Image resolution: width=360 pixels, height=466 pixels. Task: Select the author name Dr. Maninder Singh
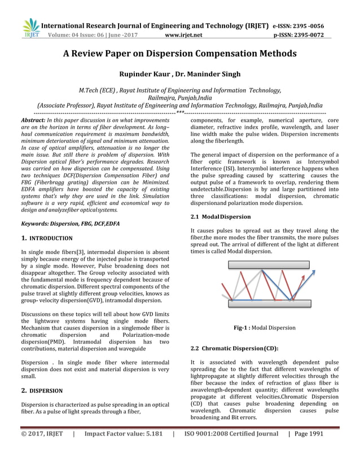tap(207, 74)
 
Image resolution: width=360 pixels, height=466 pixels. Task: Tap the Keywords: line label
tap(34, 224)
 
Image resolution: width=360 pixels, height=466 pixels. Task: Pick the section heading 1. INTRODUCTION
tap(46, 239)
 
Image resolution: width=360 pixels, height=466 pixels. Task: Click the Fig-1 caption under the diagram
tap(264, 328)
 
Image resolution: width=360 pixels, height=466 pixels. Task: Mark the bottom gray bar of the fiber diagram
tap(265, 303)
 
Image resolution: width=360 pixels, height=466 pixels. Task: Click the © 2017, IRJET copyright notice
tap(43, 450)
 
